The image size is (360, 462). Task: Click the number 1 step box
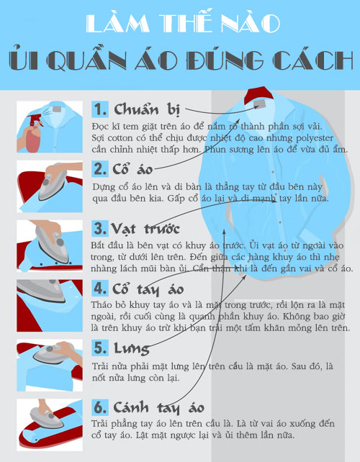pyautogui.click(x=100, y=109)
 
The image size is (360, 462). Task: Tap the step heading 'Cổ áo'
pyautogui.click(x=132, y=169)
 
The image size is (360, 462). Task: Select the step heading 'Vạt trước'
pyautogui.click(x=145, y=229)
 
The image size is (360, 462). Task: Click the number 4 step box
pyautogui.click(x=100, y=288)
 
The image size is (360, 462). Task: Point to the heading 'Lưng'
pyautogui.click(x=132, y=348)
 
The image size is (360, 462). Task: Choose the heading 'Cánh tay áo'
pyautogui.click(x=159, y=408)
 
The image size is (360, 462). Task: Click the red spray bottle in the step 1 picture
pyautogui.click(x=33, y=134)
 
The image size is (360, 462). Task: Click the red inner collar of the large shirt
pyautogui.click(x=257, y=95)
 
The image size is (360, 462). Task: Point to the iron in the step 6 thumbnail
pyautogui.click(x=45, y=417)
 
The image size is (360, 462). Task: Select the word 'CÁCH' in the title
pyautogui.click(x=312, y=60)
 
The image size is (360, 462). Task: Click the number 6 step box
pyautogui.click(x=100, y=407)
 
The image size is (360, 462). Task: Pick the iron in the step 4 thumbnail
pyautogui.click(x=41, y=289)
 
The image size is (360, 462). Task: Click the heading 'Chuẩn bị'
pyautogui.click(x=147, y=109)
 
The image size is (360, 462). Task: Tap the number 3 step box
pyautogui.click(x=100, y=228)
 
